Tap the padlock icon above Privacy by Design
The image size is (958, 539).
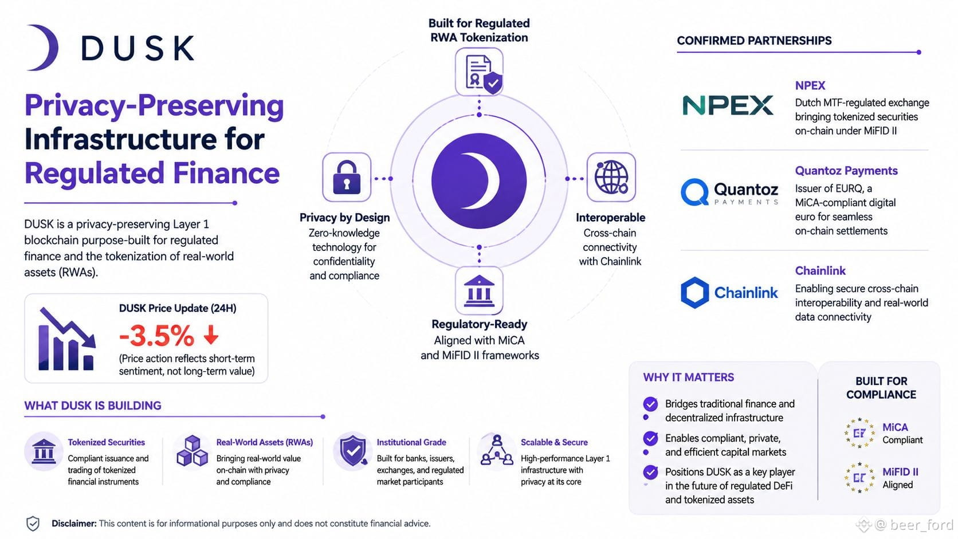(347, 178)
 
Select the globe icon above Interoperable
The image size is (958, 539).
(611, 177)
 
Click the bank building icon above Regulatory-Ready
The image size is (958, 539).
(479, 291)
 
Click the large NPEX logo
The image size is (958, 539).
(728, 105)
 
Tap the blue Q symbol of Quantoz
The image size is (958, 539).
(694, 192)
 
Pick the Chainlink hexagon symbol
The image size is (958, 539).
(694, 293)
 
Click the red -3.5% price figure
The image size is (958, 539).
(156, 336)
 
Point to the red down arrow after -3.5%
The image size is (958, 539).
(211, 335)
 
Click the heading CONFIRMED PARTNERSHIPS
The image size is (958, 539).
(754, 41)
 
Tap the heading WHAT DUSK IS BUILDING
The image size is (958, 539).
(93, 406)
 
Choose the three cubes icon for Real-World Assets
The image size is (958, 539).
(192, 451)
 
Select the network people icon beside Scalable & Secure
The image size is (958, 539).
(497, 450)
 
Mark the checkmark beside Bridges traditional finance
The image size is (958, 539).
(650, 404)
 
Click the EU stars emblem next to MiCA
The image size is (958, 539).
(859, 433)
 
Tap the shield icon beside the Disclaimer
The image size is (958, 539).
(33, 524)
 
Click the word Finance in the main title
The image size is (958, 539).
(226, 173)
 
